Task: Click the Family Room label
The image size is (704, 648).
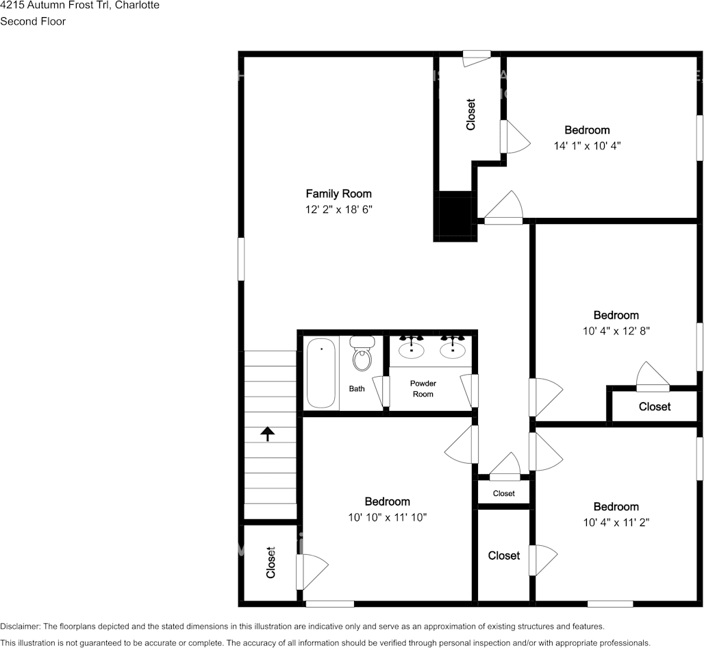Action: [338, 194]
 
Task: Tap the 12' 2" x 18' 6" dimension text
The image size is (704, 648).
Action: [339, 209]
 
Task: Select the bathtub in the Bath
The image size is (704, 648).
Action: [321, 373]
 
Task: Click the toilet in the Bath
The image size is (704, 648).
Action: [362, 353]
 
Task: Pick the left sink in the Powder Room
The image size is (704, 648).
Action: [412, 347]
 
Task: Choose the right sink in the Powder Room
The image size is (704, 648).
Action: [453, 347]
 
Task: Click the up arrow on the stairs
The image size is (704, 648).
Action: [268, 434]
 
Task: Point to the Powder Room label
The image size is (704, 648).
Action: [423, 388]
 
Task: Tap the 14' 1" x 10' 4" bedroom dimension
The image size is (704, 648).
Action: [588, 145]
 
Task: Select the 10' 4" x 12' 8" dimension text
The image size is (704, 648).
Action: [616, 331]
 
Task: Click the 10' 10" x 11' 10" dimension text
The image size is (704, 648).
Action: [387, 517]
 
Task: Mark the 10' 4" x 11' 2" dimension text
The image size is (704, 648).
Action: [616, 522]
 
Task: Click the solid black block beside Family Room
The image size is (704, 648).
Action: [454, 216]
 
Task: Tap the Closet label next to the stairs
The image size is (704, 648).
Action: [271, 562]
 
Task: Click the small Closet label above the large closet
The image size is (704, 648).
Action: [504, 493]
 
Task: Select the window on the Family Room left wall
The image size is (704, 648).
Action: [241, 259]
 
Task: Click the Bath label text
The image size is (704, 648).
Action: [357, 389]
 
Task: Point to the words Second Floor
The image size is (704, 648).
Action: [33, 21]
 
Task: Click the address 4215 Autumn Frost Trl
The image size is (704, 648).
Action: [53, 5]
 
